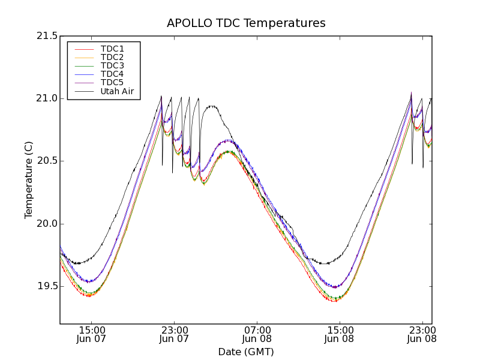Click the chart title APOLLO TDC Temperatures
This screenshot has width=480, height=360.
246,23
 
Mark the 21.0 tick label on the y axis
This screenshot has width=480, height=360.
46,98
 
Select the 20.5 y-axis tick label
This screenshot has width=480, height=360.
46,161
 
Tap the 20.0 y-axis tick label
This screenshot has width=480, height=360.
46,224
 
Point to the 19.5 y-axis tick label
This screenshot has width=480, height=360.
46,286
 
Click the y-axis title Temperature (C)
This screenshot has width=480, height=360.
29,180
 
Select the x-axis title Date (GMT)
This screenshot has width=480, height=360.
246,352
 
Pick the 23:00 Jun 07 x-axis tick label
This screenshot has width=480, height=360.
174,334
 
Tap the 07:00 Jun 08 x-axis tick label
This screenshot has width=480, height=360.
257,334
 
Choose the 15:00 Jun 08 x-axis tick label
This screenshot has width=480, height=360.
340,334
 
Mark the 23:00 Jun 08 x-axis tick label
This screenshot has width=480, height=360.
422,334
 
